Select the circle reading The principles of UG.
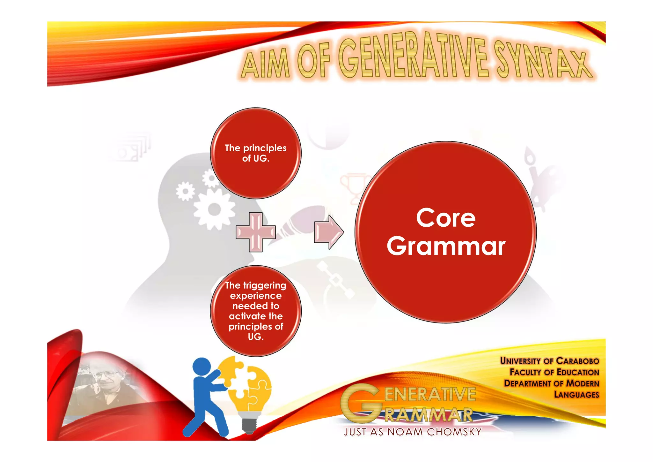point(256,153)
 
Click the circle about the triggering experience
point(256,311)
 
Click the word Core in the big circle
point(446,218)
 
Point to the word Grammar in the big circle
point(446,246)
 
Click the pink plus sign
point(255,232)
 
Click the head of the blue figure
point(202,367)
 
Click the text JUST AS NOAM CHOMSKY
point(413,432)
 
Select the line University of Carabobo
point(549,361)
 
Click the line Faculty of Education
point(554,372)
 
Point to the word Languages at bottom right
point(576,395)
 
